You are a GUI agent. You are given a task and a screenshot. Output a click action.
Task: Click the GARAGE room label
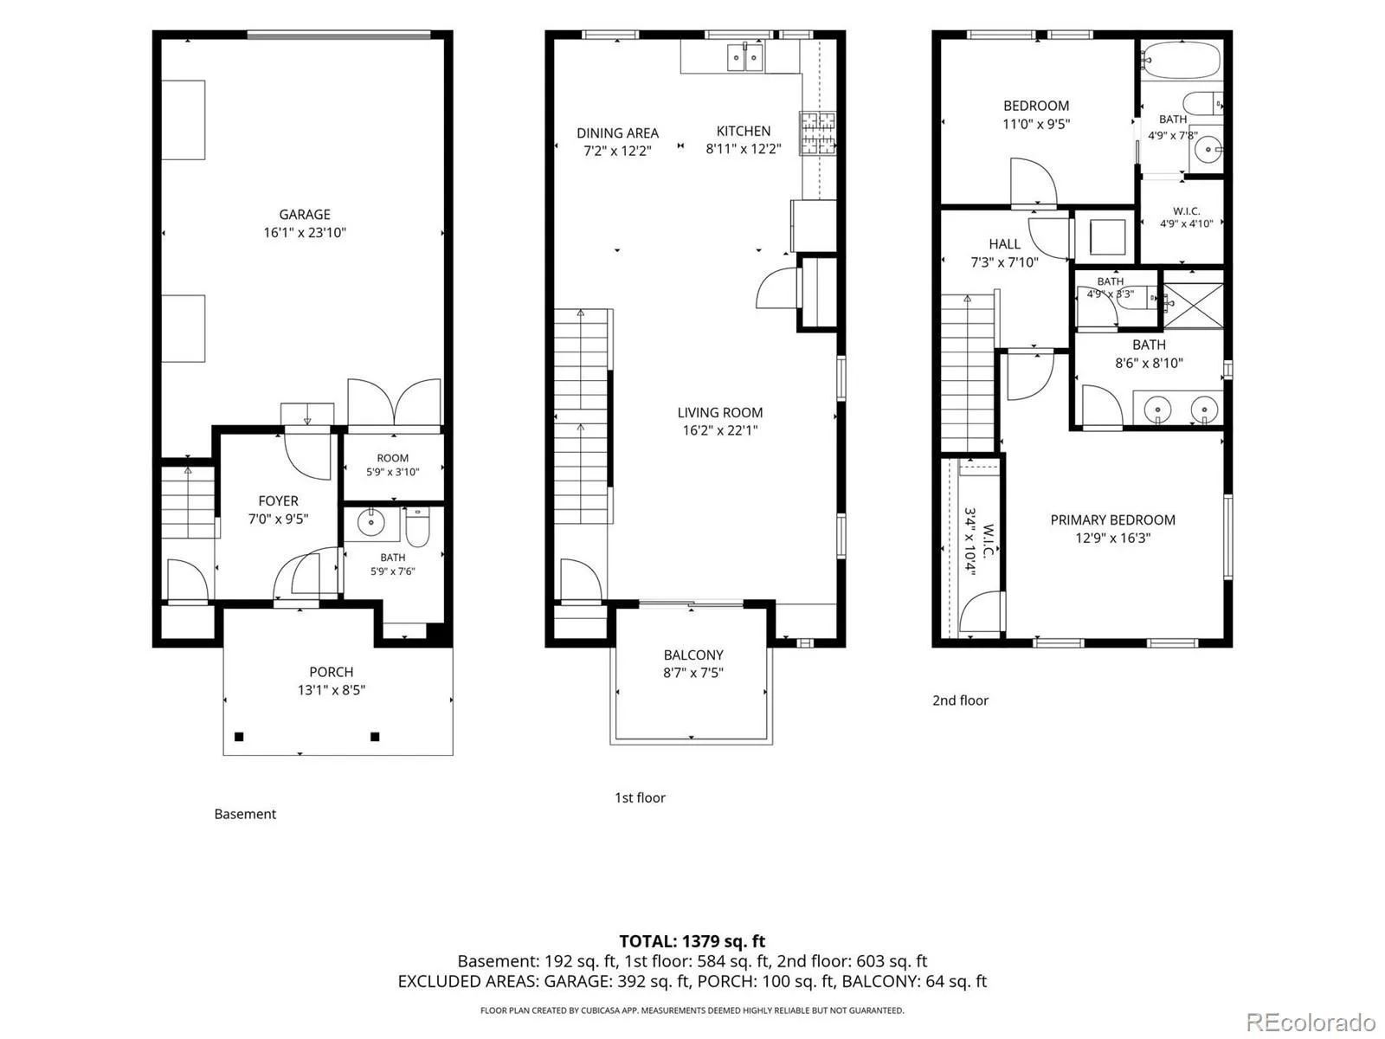tap(305, 215)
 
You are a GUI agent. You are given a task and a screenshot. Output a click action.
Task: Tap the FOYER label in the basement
tap(278, 501)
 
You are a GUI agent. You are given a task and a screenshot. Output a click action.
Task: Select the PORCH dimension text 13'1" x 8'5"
tap(332, 690)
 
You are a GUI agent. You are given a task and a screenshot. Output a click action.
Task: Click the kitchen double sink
tap(745, 57)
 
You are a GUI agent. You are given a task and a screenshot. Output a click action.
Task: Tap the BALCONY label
tap(692, 655)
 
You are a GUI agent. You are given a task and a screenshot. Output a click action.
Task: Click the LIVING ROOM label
tap(720, 413)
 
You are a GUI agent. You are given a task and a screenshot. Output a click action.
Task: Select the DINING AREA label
tap(618, 133)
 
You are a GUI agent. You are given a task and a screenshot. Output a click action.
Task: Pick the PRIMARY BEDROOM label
tap(1112, 519)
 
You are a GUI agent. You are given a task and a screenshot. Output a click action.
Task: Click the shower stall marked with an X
tap(1193, 306)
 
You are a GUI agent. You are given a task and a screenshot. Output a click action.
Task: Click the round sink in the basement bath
tap(370, 522)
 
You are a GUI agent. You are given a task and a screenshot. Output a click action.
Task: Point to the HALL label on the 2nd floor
tap(1004, 244)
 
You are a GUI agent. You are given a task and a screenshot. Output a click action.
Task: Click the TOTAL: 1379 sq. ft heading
tap(692, 941)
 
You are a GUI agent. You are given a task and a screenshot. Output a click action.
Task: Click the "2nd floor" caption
tap(960, 700)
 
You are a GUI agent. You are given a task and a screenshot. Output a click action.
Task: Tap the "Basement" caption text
tap(246, 814)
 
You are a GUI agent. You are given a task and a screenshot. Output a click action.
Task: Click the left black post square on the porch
tap(239, 736)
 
